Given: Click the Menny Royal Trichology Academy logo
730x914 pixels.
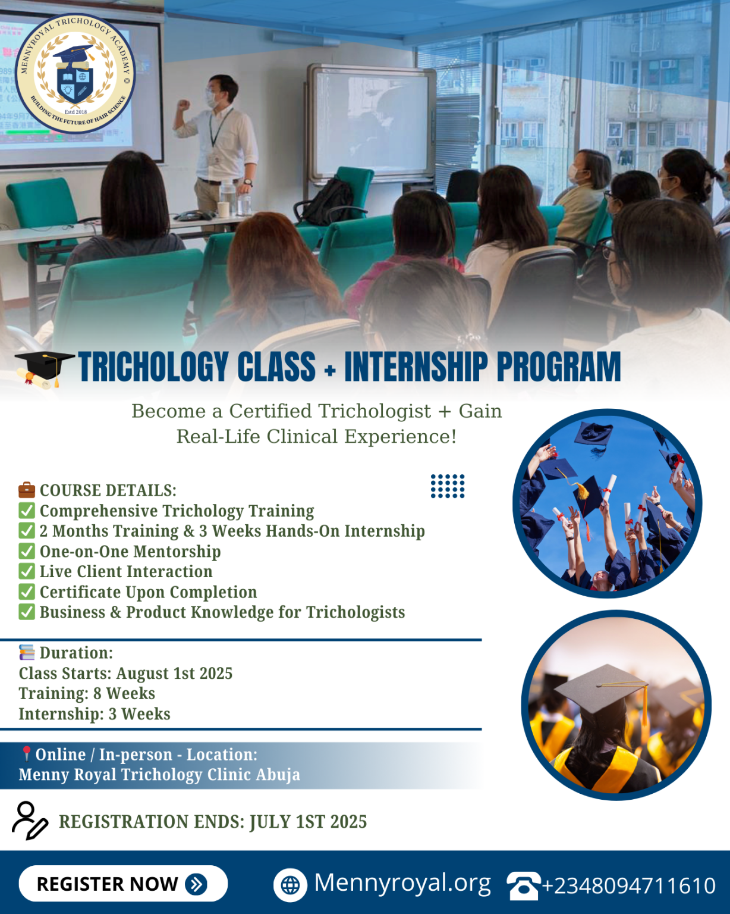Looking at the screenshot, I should coord(75,73).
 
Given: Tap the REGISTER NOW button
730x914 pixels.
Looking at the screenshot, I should coord(123,884).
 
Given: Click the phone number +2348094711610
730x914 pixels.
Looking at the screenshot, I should coord(628,885).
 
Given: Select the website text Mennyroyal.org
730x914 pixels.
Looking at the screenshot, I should coord(402,882).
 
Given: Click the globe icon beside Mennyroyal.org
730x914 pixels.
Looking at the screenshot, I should coord(290,885).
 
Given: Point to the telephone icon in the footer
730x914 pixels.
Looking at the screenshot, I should coord(523,885).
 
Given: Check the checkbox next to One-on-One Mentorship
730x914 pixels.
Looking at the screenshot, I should coord(27,551).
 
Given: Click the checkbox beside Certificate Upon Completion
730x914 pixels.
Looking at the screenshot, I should coord(27,591).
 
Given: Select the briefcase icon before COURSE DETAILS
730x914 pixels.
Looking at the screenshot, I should coord(27,490).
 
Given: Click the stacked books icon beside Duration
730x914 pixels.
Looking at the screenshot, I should coord(27,653).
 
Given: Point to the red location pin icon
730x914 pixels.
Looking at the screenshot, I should coord(26,754).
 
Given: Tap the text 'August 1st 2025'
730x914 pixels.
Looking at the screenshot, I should coord(174,673).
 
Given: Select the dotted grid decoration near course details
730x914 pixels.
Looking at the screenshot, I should coord(448,486).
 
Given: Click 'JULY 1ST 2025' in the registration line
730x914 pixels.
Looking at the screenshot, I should coord(308,822).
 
